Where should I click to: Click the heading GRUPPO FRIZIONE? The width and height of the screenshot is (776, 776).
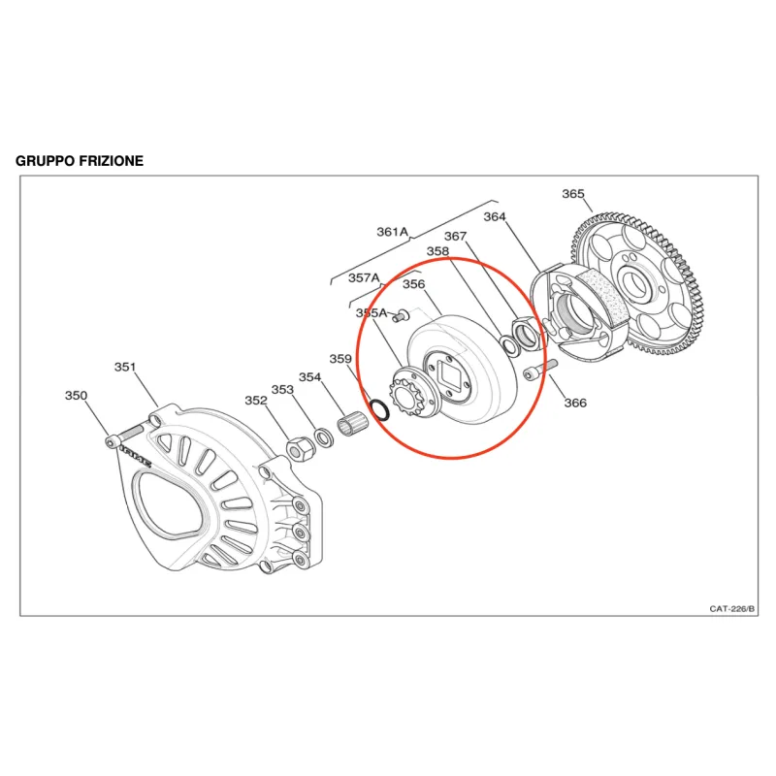[x=80, y=161]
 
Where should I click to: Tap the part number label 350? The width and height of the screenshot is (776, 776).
[x=76, y=396]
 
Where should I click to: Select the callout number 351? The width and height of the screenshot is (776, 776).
[x=125, y=367]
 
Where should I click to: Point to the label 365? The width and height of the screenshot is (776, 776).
[x=573, y=193]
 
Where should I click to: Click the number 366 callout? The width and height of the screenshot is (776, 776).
[x=575, y=403]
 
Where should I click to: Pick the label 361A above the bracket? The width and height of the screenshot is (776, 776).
[x=393, y=232]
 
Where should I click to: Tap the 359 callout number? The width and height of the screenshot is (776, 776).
[x=340, y=358]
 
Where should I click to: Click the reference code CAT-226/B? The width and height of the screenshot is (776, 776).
[x=732, y=609]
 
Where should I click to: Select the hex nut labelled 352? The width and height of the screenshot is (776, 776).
[x=299, y=448]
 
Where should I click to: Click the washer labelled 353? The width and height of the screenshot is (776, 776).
[x=324, y=437]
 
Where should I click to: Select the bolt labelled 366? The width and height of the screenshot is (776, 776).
[x=540, y=370]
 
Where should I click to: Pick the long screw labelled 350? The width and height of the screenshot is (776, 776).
[x=125, y=435]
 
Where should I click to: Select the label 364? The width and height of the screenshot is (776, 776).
[x=495, y=216]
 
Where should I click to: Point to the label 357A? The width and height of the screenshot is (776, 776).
[x=364, y=277]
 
